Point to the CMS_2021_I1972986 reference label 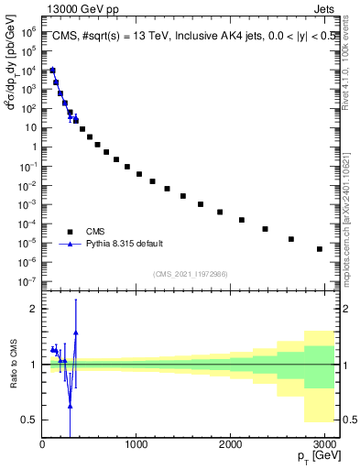(x=189, y=274)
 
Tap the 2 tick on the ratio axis (x=33, y=309)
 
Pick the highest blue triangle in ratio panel (x=76, y=333)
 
